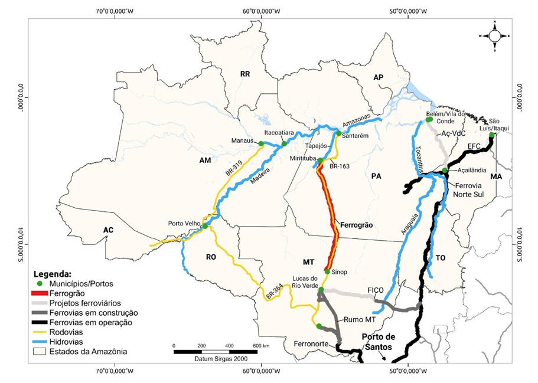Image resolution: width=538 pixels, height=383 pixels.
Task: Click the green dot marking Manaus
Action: pos(261,143)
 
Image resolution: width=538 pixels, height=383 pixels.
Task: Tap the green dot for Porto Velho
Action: pos(205,226)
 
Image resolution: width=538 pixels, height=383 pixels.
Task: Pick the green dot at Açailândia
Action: pos(445,171)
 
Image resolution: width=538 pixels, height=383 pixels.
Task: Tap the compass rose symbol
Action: pos(494,35)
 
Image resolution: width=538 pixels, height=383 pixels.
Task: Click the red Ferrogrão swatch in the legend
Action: pos(44,293)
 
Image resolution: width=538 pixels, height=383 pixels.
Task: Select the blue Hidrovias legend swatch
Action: pos(44,342)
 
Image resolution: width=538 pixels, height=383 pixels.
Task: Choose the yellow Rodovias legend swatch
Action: pos(44,332)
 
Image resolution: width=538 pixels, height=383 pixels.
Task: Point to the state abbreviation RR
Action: pos(245,74)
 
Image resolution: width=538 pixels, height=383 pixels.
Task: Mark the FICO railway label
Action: pos(376,290)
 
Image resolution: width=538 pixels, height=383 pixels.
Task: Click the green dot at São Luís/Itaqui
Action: pos(491,135)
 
